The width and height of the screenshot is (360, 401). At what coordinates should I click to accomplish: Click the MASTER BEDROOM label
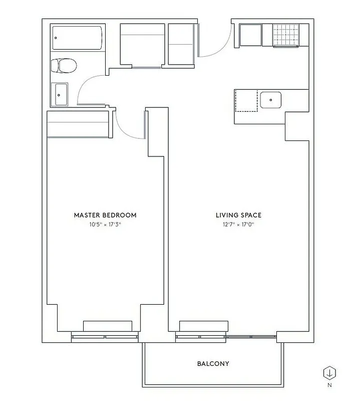[105, 215]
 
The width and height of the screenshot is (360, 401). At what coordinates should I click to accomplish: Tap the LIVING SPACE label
[238, 215]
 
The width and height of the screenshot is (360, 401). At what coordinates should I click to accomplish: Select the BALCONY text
[213, 363]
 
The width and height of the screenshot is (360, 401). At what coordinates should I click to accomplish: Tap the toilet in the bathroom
[65, 66]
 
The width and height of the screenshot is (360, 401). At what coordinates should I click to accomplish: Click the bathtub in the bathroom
[78, 38]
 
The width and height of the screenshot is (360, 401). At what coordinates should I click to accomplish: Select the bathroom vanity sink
[62, 95]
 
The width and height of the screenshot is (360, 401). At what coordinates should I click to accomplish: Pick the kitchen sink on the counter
[270, 99]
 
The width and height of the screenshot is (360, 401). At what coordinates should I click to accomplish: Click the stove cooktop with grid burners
[285, 35]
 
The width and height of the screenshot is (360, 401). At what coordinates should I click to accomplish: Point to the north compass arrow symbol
[329, 373]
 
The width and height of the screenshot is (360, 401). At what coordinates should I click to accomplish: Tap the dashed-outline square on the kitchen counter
[246, 100]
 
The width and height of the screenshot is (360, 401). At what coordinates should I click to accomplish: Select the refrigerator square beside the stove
[250, 35]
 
